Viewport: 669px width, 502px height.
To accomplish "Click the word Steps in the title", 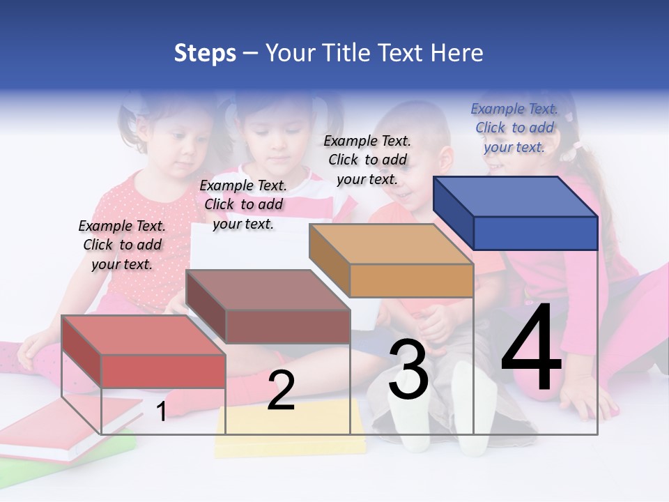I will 205,53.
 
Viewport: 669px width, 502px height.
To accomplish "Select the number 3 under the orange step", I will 408,370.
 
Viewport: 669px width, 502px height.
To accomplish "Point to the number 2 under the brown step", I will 281,390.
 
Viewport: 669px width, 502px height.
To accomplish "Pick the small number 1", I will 162,411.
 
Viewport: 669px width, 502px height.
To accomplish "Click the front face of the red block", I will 164,371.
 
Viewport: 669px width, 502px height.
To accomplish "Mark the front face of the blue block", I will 535,233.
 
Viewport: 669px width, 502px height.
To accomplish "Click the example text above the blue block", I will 514,128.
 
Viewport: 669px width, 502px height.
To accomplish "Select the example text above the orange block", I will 367,160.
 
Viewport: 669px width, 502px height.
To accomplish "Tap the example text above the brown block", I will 243,205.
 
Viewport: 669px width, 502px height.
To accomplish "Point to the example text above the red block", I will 122,245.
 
